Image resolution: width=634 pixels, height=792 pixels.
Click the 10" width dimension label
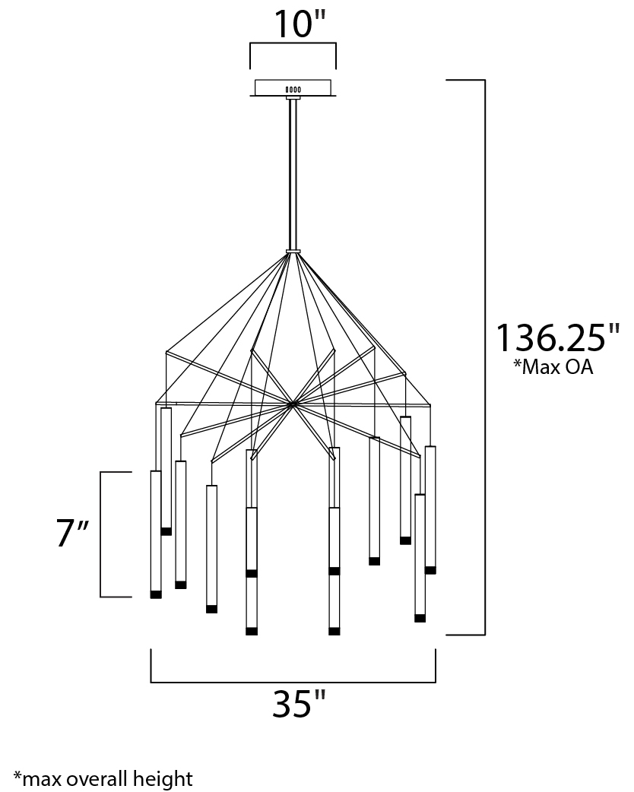(x=300, y=24)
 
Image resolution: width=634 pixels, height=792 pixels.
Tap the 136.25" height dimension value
(x=557, y=338)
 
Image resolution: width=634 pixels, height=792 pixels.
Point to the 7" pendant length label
(x=72, y=534)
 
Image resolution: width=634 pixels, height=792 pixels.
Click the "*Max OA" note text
(x=553, y=367)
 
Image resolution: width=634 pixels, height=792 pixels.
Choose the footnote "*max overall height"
(x=103, y=779)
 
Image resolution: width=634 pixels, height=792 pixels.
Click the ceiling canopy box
(x=293, y=88)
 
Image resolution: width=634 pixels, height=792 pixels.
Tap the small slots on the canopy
(x=293, y=90)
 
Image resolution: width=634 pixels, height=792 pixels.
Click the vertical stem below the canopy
(x=293, y=174)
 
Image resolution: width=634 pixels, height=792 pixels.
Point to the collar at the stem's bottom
(x=293, y=251)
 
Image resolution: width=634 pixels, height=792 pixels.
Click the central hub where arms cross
(x=292, y=404)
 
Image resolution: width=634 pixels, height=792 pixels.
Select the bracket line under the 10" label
(x=293, y=44)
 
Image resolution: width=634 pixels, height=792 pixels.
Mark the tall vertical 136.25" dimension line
(x=485, y=357)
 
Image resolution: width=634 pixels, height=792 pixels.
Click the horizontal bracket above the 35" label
(x=293, y=682)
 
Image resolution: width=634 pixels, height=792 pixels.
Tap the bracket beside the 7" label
(x=101, y=534)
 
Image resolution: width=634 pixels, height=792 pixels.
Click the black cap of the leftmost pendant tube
(x=156, y=594)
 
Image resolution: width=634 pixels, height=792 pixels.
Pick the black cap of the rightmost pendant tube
(x=430, y=570)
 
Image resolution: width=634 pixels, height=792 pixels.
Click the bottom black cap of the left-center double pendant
(x=252, y=632)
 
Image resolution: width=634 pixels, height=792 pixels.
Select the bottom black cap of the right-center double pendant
(x=334, y=632)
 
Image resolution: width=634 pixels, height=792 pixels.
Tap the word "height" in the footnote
(x=163, y=779)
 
